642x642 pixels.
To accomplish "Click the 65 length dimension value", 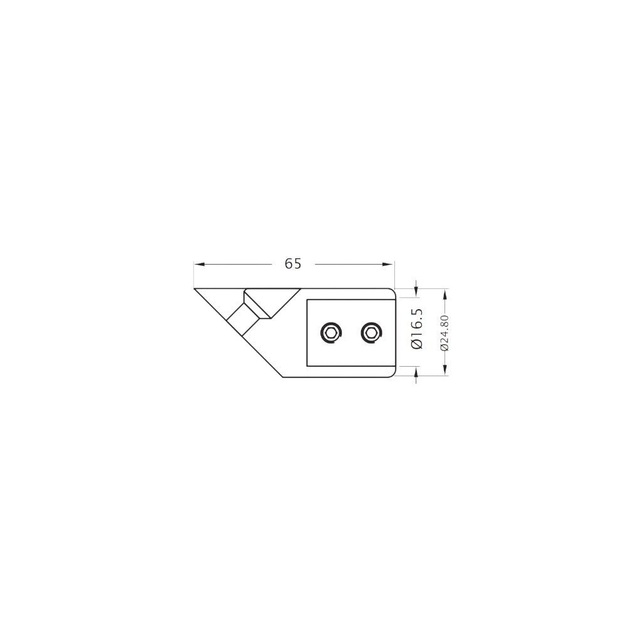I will [293, 264].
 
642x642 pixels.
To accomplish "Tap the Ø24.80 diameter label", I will [445, 332].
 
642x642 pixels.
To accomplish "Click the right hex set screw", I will [371, 332].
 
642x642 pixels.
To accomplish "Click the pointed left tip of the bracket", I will [196, 289].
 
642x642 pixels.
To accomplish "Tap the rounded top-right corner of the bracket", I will [392, 291].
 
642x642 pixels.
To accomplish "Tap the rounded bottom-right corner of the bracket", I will [392, 374].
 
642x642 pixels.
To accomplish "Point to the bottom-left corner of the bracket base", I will [284, 376].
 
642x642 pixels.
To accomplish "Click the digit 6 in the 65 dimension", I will [289, 264].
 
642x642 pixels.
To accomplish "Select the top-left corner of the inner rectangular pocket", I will [307, 299].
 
